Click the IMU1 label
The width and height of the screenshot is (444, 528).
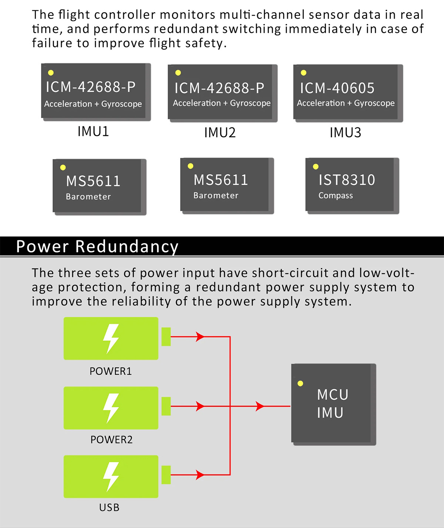93,131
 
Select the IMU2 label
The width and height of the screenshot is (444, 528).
220,133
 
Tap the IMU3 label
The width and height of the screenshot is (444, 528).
345,133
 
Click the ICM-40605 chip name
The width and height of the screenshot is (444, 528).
337,88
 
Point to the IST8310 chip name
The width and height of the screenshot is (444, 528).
347,180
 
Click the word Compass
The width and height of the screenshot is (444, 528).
336,196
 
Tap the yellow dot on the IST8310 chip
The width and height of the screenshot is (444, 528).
316,167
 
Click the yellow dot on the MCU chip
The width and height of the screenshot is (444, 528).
300,383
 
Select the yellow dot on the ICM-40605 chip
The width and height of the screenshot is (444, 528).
303,73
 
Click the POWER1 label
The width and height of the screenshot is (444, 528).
111,371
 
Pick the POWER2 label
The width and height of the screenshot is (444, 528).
111,440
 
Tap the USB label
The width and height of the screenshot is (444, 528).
109,507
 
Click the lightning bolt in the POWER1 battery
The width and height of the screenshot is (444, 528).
111,338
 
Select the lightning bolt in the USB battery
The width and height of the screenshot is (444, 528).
111,477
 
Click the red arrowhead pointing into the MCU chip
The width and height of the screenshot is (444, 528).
260,406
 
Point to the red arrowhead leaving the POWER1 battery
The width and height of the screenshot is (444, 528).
200,337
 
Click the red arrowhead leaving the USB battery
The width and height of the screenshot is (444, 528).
200,475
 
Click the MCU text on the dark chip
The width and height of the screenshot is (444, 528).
333,395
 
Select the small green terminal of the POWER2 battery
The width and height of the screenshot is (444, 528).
166,406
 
